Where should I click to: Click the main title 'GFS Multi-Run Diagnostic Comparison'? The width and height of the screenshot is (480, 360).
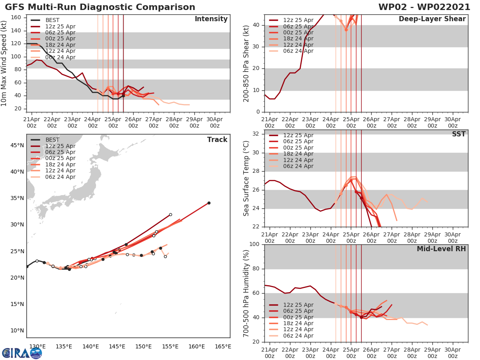[100, 7]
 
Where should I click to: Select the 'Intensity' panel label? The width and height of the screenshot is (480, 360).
[211, 19]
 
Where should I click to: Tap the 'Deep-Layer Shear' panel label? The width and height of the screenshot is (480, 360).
[432, 19]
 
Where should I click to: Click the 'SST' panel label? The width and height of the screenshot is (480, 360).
[459, 134]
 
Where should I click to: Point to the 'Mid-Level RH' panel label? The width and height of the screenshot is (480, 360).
[441, 249]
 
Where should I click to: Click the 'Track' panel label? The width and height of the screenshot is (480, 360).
[217, 140]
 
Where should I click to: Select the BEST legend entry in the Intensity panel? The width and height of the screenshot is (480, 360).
[52, 20]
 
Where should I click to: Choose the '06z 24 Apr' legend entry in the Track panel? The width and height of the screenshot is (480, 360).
[60, 177]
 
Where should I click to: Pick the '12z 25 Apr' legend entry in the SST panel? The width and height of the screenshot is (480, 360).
[298, 135]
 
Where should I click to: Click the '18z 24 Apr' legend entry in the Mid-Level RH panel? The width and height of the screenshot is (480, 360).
[298, 323]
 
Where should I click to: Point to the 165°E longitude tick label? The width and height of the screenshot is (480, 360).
[222, 346]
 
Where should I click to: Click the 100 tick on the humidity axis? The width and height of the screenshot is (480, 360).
[254, 244]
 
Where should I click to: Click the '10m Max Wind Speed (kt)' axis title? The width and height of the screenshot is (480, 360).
[4, 63]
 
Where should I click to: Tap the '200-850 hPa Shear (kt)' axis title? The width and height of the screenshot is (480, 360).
[246, 63]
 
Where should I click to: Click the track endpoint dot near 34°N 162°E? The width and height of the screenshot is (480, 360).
[209, 203]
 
